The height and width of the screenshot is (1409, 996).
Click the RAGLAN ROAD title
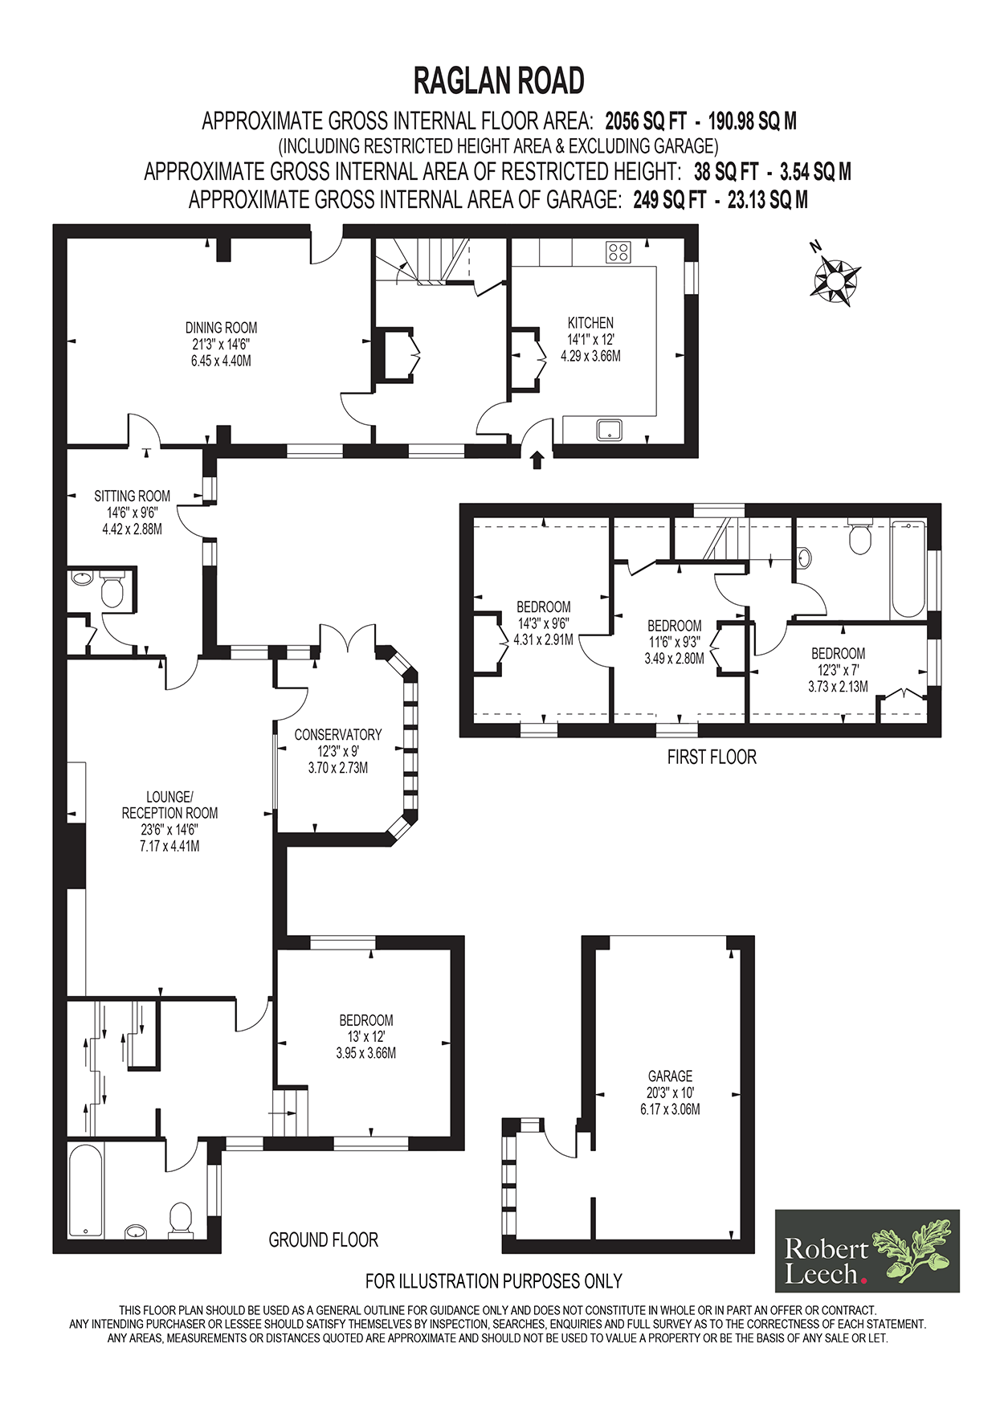click(498, 81)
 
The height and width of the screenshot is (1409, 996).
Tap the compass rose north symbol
click(835, 279)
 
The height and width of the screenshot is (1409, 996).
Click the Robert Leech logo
click(867, 1250)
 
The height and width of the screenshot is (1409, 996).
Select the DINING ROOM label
click(221, 328)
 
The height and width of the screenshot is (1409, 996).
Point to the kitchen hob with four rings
click(618, 252)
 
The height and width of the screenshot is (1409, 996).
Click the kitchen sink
click(610, 430)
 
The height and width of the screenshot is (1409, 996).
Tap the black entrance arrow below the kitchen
click(537, 459)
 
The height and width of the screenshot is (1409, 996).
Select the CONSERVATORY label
click(337, 734)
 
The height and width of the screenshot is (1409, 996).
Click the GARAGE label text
click(670, 1076)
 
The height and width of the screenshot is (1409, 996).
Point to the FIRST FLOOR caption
click(712, 757)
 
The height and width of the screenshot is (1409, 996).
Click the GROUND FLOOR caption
click(323, 1240)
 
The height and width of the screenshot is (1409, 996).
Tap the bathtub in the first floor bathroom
click(908, 569)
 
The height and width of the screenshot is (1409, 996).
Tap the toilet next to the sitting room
click(111, 592)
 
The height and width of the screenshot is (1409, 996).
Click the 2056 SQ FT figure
click(646, 121)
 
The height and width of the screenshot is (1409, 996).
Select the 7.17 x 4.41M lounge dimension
click(169, 846)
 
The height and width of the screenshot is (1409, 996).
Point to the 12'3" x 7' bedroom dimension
click(838, 670)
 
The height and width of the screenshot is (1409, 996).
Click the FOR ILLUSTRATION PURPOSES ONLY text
click(493, 1280)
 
